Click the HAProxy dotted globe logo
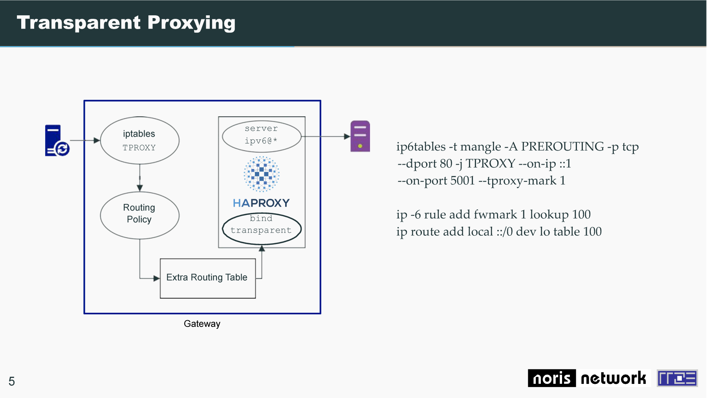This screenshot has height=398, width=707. pos(262,174)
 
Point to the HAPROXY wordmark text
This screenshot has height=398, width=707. pos(261,203)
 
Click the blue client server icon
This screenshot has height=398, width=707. pos(57,141)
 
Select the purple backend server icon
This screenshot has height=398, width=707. pos(360,136)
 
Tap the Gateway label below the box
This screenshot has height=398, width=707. pos(202,324)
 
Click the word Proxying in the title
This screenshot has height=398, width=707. pos(192,23)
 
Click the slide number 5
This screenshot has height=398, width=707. pos(12,381)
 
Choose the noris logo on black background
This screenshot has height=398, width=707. pos(552,378)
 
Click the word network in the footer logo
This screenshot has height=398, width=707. pos(613,378)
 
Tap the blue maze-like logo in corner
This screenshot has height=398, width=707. pos(677,378)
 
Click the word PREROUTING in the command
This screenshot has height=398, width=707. pos(562,147)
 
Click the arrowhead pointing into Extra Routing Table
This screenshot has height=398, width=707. pos(157,279)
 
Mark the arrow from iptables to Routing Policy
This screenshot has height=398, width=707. pos(140,178)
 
